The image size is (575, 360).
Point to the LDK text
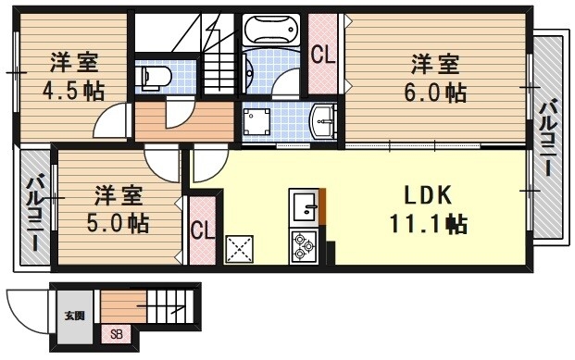tap(426, 195)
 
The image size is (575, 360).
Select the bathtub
tap(272, 32)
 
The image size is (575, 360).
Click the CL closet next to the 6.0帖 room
tap(322, 54)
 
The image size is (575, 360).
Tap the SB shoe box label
tap(117, 334)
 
